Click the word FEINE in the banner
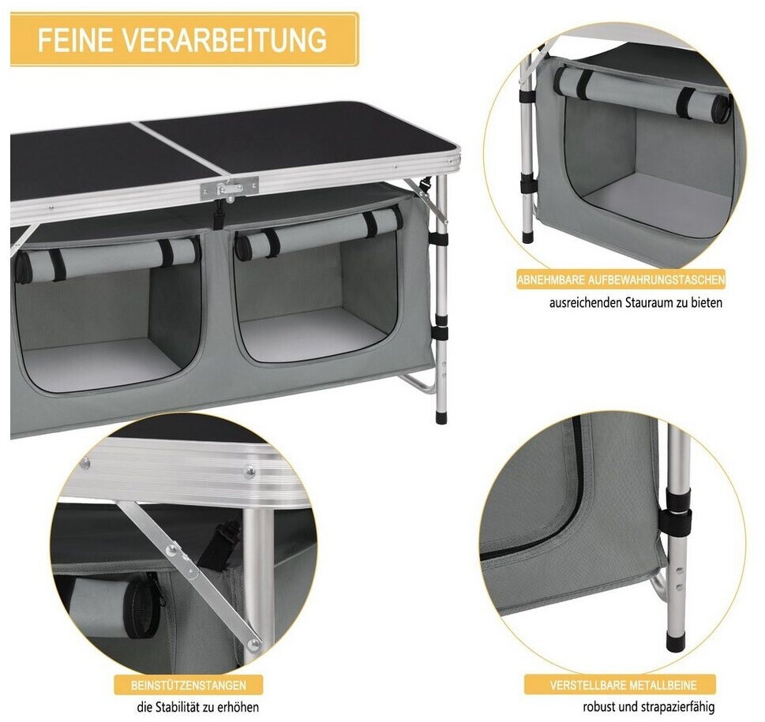point(75,39)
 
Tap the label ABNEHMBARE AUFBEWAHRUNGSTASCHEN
point(621,280)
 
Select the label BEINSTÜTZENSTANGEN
point(189,686)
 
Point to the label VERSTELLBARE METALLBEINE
point(623,685)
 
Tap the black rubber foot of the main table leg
point(441,417)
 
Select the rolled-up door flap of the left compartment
point(107,258)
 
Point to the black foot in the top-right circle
point(527,238)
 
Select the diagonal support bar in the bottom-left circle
point(190,575)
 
